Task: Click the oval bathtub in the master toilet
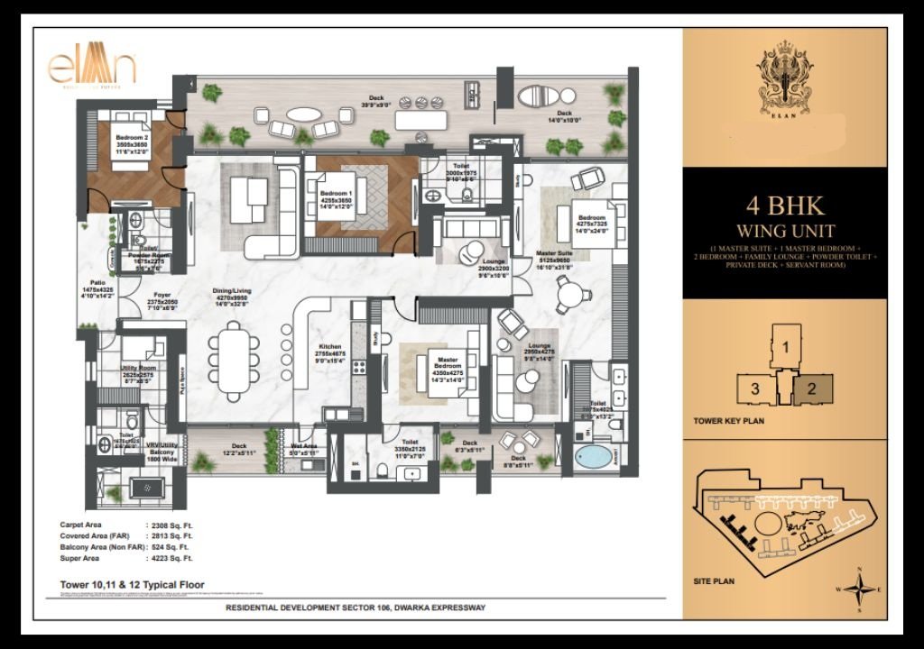pos(593,456)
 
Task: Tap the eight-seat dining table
pos(233,360)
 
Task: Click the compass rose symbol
pos(864,590)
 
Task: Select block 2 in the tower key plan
pos(811,388)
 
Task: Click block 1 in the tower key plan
pos(786,346)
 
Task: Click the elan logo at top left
pos(92,69)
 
